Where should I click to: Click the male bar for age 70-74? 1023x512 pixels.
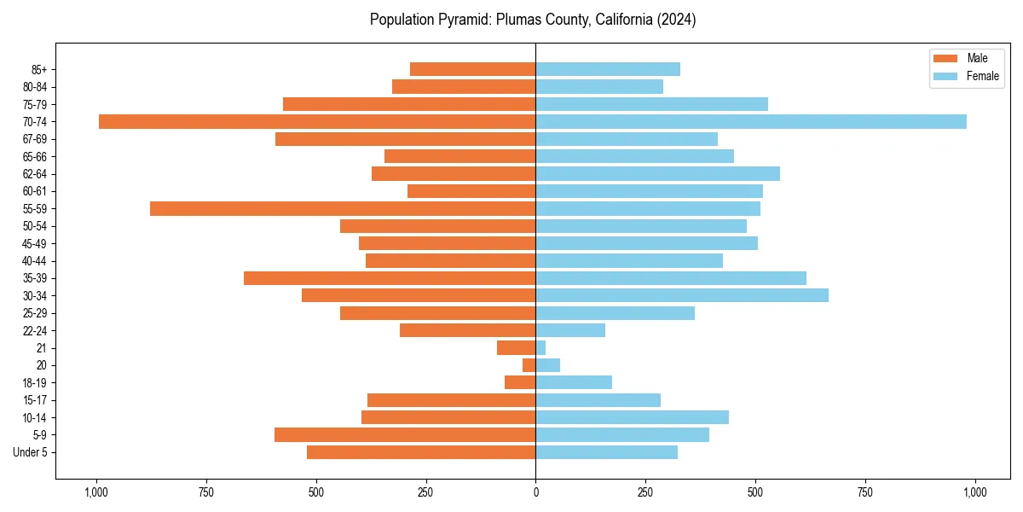[317, 121]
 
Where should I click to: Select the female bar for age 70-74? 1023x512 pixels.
[751, 121]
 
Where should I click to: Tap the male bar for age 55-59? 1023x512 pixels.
[343, 208]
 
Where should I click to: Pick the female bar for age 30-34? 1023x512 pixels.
[682, 295]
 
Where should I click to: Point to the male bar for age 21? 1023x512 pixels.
[517, 347]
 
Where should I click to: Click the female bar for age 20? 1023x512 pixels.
[548, 365]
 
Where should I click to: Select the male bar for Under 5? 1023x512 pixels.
[421, 452]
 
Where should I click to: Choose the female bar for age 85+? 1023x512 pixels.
[608, 69]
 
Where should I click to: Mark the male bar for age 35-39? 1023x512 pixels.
[390, 278]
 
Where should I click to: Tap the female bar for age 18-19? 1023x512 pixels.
[574, 382]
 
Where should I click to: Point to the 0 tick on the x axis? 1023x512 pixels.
[535, 492]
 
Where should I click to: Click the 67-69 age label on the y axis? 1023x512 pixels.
[35, 139]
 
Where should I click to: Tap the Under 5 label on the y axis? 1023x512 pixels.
[31, 452]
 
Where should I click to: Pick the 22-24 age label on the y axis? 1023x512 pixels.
[35, 330]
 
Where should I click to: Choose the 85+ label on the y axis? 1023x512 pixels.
[38, 69]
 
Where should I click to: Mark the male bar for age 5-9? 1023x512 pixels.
[405, 434]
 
